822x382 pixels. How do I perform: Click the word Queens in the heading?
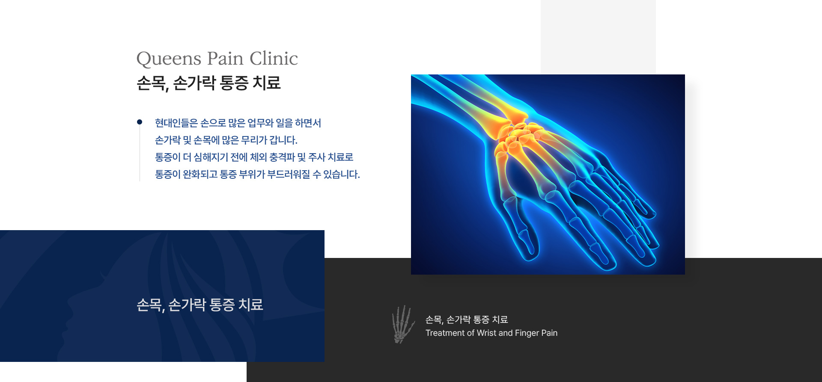pos(169,59)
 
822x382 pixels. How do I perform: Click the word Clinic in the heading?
pos(274,58)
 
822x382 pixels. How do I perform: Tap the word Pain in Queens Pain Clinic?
pos(225,58)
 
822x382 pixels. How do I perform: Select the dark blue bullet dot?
pos(140,122)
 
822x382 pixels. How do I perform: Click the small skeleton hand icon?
pos(403,324)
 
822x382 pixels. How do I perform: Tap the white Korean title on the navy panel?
pos(200,305)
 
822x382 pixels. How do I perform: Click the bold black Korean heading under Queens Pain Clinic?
pos(208,83)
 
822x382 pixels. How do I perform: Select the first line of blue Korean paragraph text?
pos(238,123)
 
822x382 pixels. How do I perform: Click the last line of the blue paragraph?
pos(257,175)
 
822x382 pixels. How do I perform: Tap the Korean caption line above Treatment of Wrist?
pos(467,320)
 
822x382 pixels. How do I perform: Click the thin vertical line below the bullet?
pos(140,153)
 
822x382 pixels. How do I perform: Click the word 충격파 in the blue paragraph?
pos(282,157)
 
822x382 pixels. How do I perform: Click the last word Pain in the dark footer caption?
pos(549,333)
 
